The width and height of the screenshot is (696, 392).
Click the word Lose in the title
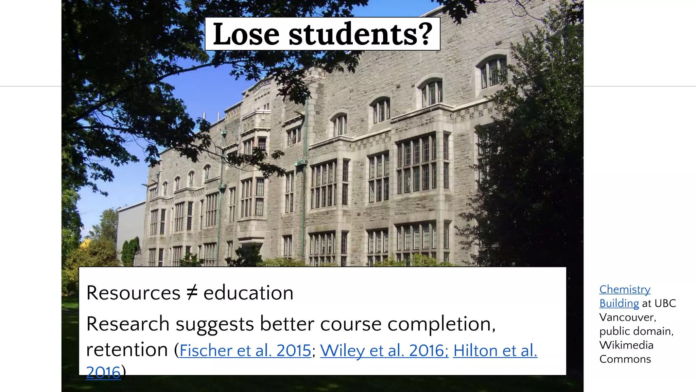(246, 34)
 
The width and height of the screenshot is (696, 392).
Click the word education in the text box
(248, 293)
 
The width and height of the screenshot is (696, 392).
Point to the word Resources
(133, 293)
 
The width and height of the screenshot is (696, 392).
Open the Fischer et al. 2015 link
(245, 350)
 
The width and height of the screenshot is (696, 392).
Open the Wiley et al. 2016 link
(384, 350)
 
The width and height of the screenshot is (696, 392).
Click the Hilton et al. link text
(495, 350)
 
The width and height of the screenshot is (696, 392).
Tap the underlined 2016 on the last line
(103, 372)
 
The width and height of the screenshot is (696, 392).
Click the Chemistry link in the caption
(625, 289)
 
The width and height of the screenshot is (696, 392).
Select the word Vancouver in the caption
(627, 317)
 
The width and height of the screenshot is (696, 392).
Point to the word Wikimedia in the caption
(626, 345)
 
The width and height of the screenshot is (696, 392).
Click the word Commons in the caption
(625, 359)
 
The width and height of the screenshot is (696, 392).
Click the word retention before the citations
(127, 350)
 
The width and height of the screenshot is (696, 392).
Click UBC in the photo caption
(665, 303)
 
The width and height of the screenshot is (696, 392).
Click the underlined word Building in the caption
(619, 303)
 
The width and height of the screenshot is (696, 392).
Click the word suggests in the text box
(215, 324)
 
